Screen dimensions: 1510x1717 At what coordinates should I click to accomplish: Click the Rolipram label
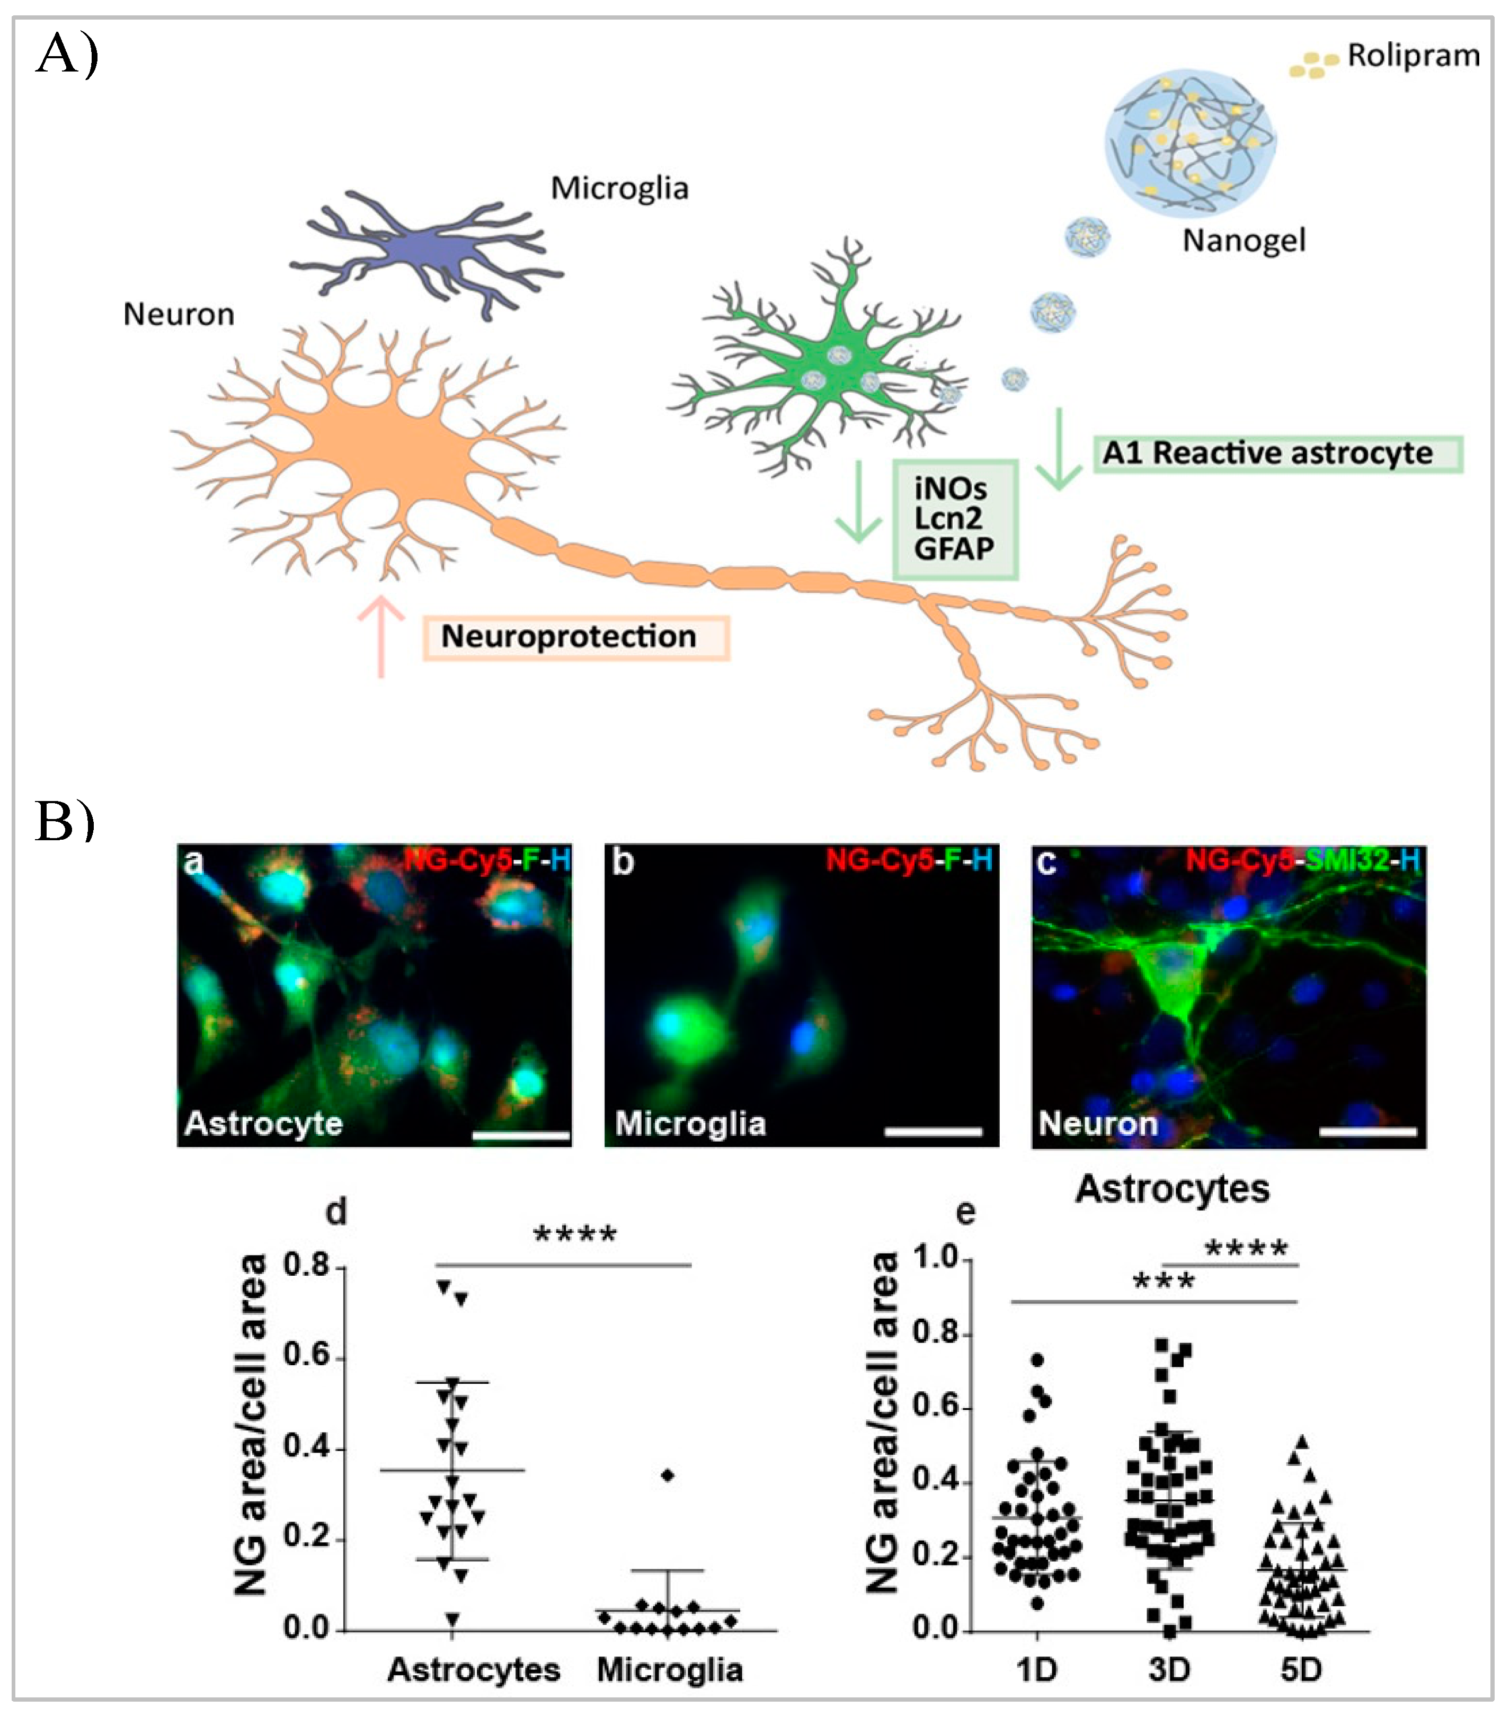tap(1414, 56)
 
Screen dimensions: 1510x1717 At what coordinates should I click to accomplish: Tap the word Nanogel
tap(1243, 241)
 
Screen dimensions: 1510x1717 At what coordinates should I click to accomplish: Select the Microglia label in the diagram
tap(619, 188)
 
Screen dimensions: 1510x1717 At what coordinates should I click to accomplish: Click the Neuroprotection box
tap(575, 637)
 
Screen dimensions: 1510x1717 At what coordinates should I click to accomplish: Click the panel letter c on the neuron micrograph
tap(1046, 862)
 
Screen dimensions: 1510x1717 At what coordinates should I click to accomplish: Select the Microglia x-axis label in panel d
tap(670, 1669)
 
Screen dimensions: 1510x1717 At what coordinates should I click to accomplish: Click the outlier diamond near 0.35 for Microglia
tap(667, 1475)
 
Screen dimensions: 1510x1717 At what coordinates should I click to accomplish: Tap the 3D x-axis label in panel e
tap(1169, 1669)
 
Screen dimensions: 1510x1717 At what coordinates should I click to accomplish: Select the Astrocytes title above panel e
tap(1172, 1189)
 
